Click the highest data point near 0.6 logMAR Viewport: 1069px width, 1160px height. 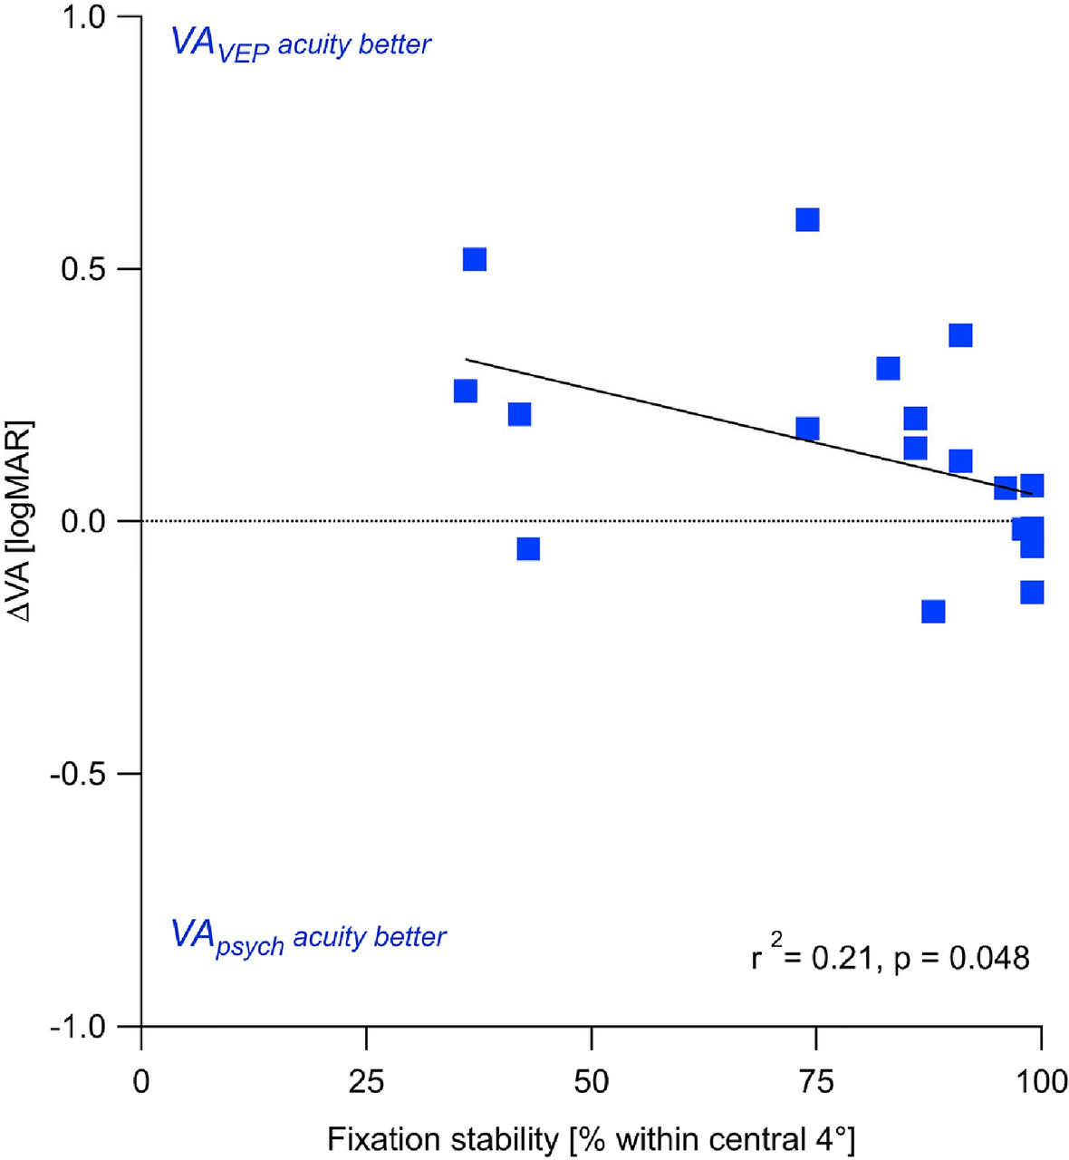tap(807, 220)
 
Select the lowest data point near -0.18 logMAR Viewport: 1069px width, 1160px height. tap(933, 612)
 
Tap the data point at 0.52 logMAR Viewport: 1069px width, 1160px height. tap(475, 259)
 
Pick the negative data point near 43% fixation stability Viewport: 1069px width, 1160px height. tap(528, 549)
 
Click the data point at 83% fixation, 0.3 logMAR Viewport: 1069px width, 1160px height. tap(888, 368)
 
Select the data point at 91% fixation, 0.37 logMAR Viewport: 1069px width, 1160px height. tap(960, 335)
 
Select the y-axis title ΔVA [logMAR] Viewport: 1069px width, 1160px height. tap(22, 521)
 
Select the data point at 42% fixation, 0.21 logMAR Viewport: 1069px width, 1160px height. tap(519, 415)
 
